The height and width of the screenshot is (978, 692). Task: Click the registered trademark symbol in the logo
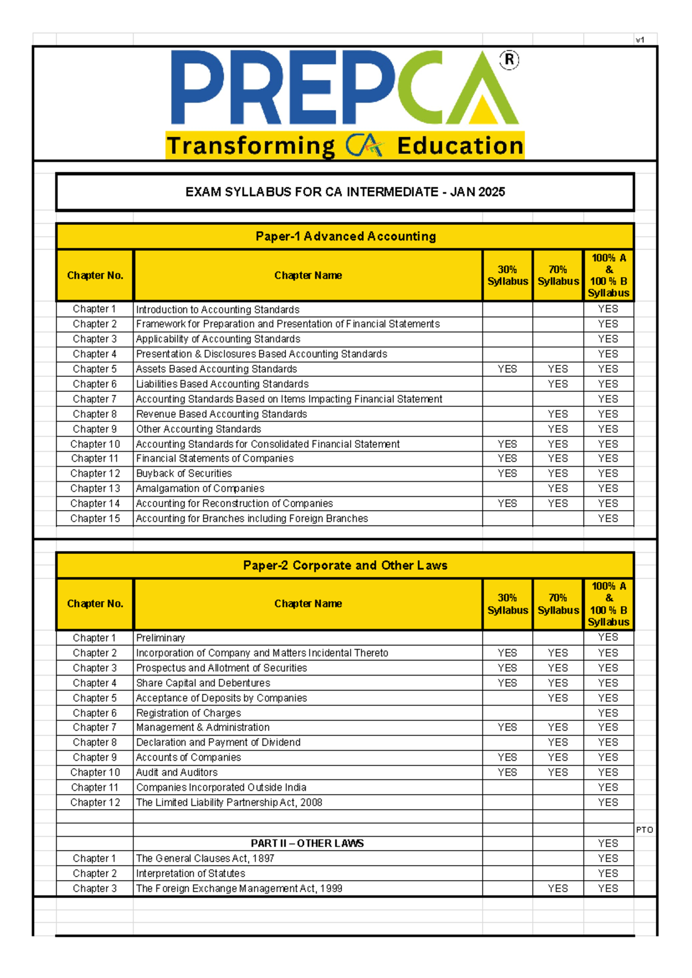coord(509,60)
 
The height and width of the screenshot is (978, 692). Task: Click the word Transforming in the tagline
coord(250,146)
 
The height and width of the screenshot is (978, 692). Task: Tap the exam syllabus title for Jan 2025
coord(345,192)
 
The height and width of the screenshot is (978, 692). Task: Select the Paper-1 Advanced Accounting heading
coord(345,236)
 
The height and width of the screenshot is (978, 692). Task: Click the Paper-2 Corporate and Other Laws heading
coord(345,565)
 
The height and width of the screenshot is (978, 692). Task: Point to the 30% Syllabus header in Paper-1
coord(507,275)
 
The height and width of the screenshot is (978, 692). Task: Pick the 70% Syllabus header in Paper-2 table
coord(558,604)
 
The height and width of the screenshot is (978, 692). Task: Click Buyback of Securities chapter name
coord(184,473)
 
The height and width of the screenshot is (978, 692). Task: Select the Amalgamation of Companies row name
coord(200,488)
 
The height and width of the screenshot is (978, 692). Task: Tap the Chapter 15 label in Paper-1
coord(95,518)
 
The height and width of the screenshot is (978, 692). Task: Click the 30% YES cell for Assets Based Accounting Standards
coord(507,369)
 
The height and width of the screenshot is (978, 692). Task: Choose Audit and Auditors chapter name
coord(176,772)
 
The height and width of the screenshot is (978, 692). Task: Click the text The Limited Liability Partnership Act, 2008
coord(229,802)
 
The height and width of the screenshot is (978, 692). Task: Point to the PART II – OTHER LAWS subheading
coord(307,843)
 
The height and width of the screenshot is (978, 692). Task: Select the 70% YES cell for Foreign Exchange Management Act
coord(558,888)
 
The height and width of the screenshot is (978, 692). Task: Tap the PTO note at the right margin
coord(644,830)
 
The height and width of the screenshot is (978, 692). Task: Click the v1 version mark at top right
coord(640,40)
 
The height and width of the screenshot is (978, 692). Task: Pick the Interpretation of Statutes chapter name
coord(190,873)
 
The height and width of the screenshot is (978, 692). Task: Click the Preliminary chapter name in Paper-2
coord(160,638)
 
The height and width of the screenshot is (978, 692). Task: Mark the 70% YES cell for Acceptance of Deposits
coord(558,698)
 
